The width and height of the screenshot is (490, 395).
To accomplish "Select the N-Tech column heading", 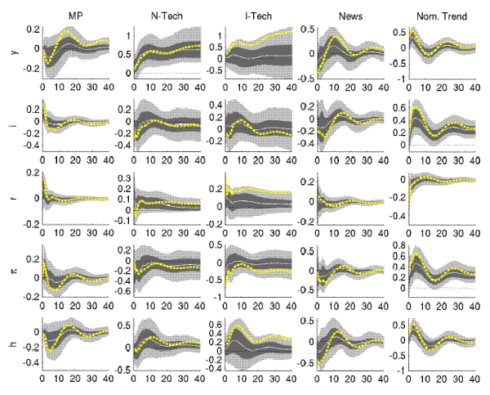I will pyautogui.click(x=165, y=13).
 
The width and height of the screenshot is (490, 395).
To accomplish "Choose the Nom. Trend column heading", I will pyautogui.click(x=440, y=13).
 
